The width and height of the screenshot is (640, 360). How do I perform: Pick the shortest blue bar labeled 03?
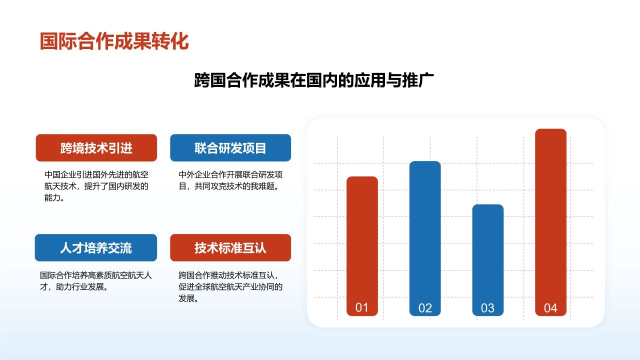(487, 250)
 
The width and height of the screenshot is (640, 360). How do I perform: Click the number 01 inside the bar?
(361, 307)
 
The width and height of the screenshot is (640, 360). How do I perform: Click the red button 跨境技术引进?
(96, 148)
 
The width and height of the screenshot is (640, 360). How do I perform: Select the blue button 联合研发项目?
(230, 148)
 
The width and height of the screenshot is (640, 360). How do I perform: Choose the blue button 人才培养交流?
(96, 248)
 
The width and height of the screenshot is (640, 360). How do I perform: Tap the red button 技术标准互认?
(230, 248)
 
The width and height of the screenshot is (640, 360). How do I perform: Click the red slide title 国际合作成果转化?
(114, 41)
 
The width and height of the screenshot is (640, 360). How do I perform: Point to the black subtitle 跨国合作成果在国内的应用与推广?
(313, 80)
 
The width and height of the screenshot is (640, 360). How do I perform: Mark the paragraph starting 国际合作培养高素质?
(96, 281)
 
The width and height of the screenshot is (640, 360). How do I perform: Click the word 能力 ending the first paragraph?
(52, 198)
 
